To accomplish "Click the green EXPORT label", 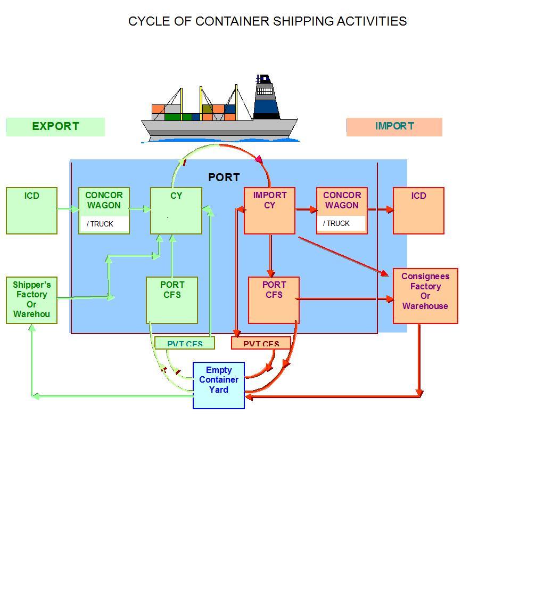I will coord(55,127).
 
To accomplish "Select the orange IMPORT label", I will coord(394,127).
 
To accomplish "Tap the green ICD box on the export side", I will coord(31,210).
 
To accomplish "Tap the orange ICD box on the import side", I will coord(418,210).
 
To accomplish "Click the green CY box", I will coord(176,210).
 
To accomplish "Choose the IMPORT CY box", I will coord(269,210).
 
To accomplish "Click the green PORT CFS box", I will coord(172,300).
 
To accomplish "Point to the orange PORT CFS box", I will coord(274,300).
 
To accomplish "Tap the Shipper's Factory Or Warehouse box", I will coord(31,299).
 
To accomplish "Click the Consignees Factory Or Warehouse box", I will coord(425,296).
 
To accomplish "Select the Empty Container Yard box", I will coord(219,385).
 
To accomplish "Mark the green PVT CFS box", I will coord(185,343).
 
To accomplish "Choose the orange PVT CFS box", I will coord(261,343).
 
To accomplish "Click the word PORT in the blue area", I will coord(224,177).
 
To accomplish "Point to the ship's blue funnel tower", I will coord(266,99).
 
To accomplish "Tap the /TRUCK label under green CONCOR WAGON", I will coord(101,224).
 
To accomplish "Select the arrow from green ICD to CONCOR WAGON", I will coord(68,209).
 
